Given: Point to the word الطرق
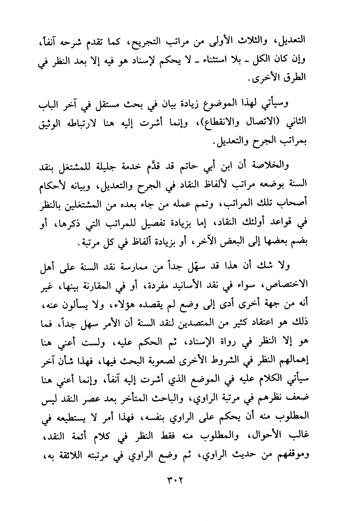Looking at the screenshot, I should [x=296, y=80].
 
